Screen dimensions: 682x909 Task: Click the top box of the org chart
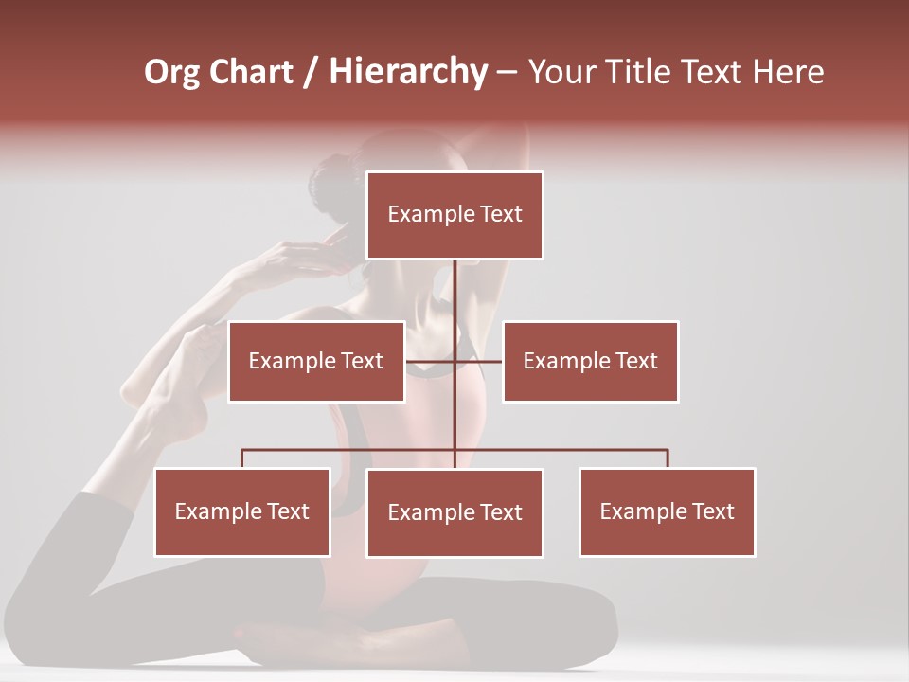coord(454,215)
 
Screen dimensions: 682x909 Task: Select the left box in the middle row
coord(316,361)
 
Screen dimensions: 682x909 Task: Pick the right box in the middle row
coord(590,361)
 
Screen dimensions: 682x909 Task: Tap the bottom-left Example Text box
coord(242,511)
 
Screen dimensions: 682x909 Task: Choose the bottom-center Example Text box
coord(454,512)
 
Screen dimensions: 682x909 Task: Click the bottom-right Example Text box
coord(667,511)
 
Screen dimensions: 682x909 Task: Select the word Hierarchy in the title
coord(408,72)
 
